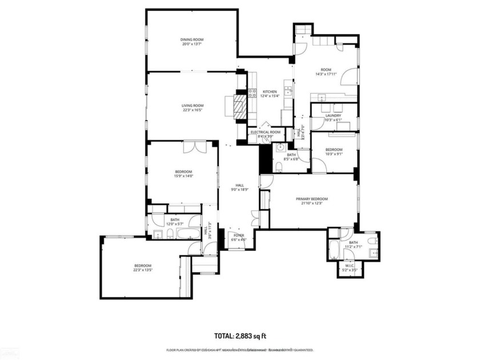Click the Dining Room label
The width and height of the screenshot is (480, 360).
193,39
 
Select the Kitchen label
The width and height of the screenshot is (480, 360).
270,92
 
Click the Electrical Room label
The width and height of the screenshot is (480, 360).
266,132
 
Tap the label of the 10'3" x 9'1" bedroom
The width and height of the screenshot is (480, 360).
334,150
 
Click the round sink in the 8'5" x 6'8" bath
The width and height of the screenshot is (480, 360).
280,147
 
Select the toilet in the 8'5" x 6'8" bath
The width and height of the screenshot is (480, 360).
278,166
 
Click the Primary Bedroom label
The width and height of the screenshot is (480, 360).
311,199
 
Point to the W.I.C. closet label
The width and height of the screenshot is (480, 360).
350,265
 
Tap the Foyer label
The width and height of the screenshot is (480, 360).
237,234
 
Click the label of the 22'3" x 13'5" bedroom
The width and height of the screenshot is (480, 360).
142,266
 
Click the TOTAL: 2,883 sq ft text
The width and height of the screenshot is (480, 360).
240,336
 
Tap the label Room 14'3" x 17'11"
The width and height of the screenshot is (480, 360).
326,70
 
